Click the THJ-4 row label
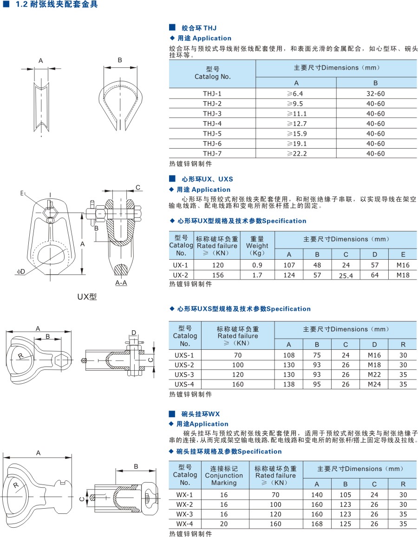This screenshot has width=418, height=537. tap(212, 123)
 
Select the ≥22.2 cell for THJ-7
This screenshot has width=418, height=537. tap(296, 153)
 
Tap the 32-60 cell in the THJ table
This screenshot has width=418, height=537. tap(376, 93)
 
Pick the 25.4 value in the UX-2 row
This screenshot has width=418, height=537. tap(346, 275)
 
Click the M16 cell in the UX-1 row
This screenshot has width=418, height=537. tap(403, 265)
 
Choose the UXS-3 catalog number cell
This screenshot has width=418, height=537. tap(184, 374)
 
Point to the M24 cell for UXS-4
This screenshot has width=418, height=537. tap(374, 384)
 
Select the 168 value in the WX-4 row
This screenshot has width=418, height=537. tap(317, 524)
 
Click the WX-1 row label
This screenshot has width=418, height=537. tap(184, 495)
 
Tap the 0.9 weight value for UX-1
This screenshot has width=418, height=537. tap(257, 265)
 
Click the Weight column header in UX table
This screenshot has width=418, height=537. tap(257, 246)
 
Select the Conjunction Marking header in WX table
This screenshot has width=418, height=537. tap(224, 475)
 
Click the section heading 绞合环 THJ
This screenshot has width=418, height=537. tap(199, 28)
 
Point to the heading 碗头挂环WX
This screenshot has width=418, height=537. tap(201, 414)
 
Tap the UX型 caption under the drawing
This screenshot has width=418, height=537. tap(87, 296)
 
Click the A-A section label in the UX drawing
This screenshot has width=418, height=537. tap(121, 283)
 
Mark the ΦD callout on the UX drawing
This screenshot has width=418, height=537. tap(21, 272)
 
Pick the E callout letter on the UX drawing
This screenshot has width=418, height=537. tap(22, 193)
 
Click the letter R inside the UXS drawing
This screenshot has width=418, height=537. tap(21, 356)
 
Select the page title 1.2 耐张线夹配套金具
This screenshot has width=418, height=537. tap(57, 5)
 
